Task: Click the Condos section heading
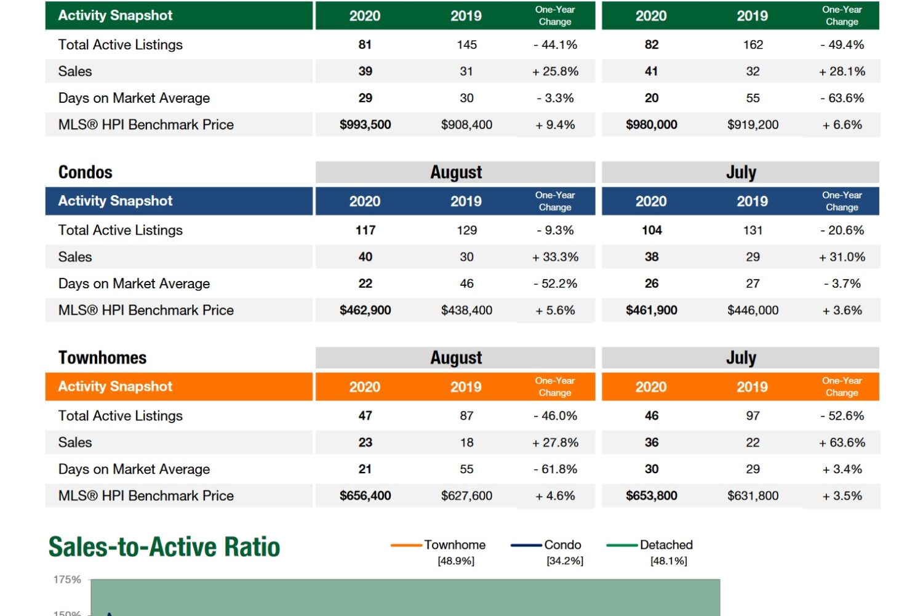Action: pyautogui.click(x=86, y=172)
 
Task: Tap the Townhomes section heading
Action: pyautogui.click(x=103, y=358)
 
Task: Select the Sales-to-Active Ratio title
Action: pyautogui.click(x=164, y=547)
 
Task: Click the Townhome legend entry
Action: pyautogui.click(x=454, y=545)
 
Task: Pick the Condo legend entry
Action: pyautogui.click(x=562, y=545)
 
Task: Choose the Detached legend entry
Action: pyautogui.click(x=666, y=545)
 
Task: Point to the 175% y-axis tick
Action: pyautogui.click(x=67, y=580)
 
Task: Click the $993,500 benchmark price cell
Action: pyautogui.click(x=366, y=125)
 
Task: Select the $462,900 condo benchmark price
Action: pyautogui.click(x=366, y=310)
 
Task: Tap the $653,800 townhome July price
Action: pyautogui.click(x=652, y=496)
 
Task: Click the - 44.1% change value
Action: pyautogui.click(x=556, y=45)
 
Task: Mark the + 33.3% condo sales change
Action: pyautogui.click(x=556, y=257)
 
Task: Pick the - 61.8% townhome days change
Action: pyautogui.click(x=556, y=469)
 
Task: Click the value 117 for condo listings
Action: pyautogui.click(x=366, y=230)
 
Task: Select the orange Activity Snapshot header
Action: pyautogui.click(x=116, y=387)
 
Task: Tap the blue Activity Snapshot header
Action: pyautogui.click(x=116, y=201)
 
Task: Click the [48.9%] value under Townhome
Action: pyautogui.click(x=456, y=561)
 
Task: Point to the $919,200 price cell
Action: pyautogui.click(x=753, y=125)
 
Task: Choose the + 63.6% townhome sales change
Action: pyautogui.click(x=842, y=443)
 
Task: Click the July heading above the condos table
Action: pyautogui.click(x=741, y=172)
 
